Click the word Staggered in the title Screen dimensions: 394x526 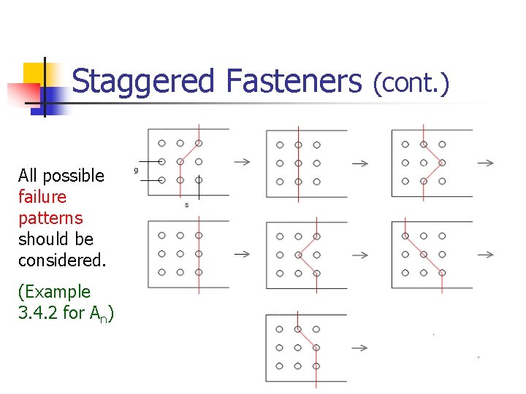(143, 82)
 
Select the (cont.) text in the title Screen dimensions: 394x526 (411, 85)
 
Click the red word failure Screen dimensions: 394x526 (42, 197)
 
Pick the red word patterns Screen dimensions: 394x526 (50, 218)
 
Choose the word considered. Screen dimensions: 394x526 (62, 260)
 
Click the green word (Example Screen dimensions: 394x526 (55, 292)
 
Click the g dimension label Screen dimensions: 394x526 (136, 169)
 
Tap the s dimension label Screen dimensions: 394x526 (186, 205)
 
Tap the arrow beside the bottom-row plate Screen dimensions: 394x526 (359, 347)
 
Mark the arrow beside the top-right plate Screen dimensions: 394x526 (485, 162)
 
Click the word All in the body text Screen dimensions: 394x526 (28, 176)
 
